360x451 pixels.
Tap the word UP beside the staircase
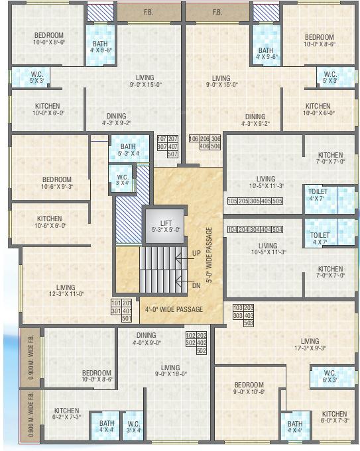[196, 253]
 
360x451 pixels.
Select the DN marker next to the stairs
[196, 285]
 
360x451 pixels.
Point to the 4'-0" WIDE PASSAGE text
[174, 309]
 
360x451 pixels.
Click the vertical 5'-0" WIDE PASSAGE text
[209, 255]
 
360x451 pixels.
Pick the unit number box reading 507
[173, 154]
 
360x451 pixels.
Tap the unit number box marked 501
[127, 319]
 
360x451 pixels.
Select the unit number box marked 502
[203, 351]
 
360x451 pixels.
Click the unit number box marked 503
[249, 324]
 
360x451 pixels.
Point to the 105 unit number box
[233, 201]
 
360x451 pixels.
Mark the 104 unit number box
[233, 230]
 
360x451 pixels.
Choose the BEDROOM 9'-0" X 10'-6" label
[249, 389]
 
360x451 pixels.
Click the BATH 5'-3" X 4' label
[129, 150]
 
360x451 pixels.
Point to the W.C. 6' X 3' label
[330, 376]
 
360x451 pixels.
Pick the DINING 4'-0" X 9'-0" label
[147, 339]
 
